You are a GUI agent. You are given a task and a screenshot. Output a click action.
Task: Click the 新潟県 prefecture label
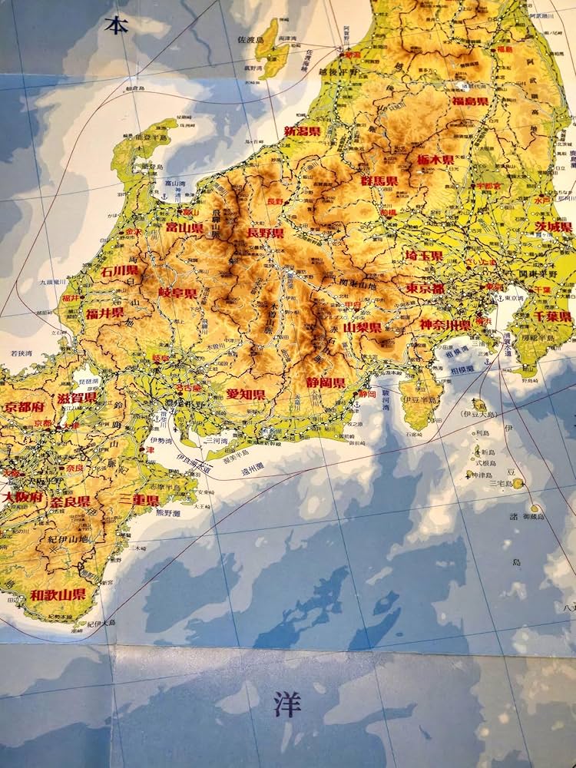coord(303,131)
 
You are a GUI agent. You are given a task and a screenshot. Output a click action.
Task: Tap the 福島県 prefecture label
coord(470,101)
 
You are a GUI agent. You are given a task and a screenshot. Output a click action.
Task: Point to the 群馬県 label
coord(379,181)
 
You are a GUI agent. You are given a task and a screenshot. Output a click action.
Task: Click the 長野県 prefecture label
coord(265,233)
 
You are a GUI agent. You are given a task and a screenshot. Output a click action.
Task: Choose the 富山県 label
coord(184,228)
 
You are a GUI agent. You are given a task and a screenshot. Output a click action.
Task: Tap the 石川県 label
coord(119,270)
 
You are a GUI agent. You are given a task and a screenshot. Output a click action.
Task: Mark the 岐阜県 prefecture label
coord(177,293)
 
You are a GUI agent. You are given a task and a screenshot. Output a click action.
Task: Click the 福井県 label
coord(104,313)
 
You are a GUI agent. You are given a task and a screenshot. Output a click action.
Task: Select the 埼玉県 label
coord(425,256)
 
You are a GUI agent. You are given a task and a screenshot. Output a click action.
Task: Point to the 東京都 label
coord(425,289)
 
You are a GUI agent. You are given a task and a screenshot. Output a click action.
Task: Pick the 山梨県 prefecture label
coord(362,327)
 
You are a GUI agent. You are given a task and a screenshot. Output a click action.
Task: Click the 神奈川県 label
coord(445,324)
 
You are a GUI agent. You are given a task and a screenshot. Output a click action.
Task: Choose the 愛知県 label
coord(246,394)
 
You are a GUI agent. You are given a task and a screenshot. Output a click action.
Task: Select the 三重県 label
coord(140,499)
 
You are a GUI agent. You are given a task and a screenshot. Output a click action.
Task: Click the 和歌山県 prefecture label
coord(58,594)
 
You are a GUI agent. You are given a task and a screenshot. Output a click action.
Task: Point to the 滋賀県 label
coord(77,398)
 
